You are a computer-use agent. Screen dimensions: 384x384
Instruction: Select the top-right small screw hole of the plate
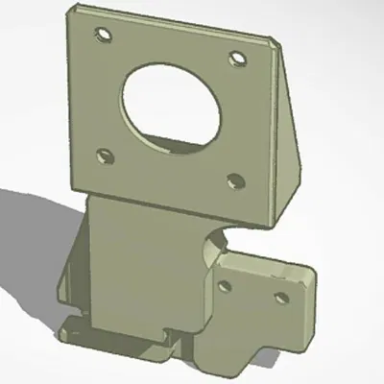coord(235,60)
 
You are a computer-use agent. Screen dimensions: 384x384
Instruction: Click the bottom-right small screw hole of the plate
coord(232,179)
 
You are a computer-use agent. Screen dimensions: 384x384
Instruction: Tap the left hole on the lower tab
coord(228,285)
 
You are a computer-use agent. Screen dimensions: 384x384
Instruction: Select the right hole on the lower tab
coord(282,296)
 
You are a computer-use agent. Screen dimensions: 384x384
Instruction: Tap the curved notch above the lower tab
coord(217,244)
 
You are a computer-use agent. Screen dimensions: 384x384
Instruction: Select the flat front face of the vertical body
coord(144,269)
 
